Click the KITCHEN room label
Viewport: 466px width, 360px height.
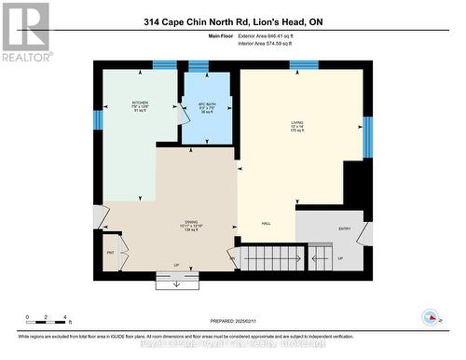140,104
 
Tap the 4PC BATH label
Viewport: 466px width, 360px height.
207,106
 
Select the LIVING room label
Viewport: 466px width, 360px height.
297,125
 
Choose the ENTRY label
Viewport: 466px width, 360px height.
344,228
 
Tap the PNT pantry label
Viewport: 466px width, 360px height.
110,252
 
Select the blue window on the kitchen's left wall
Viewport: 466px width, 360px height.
98,120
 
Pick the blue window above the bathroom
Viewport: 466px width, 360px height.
199,65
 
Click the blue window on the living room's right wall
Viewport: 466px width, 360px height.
367,136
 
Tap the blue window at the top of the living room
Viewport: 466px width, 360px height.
304,65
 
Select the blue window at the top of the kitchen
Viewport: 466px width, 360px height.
164,65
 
